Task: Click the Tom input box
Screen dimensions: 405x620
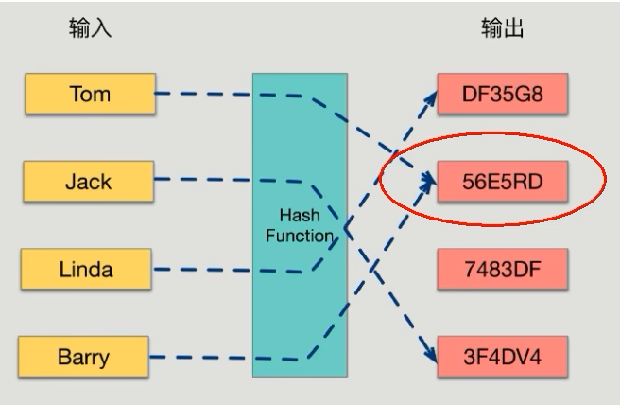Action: [x=89, y=94]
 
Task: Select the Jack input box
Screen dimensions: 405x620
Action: [x=89, y=182]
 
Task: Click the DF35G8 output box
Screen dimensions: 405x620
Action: [x=501, y=94]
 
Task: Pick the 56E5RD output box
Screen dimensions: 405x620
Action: [x=501, y=181]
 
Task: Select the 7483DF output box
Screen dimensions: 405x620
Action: [x=501, y=270]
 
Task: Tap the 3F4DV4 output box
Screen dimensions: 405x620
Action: [x=501, y=358]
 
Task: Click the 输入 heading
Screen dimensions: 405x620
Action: [x=90, y=28]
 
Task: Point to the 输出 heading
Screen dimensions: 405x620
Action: [x=502, y=28]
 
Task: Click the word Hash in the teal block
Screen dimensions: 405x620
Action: [x=296, y=215]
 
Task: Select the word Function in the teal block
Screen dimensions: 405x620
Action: [x=296, y=235]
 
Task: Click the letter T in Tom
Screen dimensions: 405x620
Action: [x=75, y=94]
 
